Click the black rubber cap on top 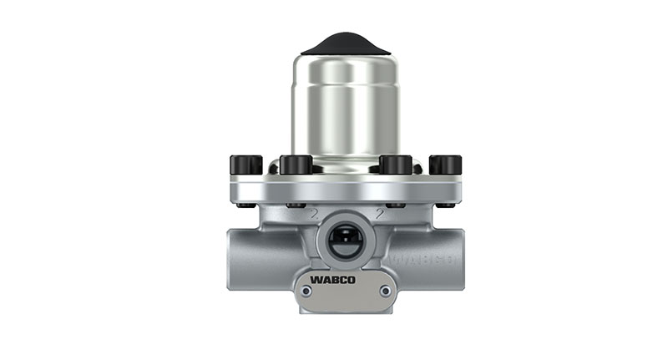click(346, 43)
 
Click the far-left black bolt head click(245, 165)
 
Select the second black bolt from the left click(296, 165)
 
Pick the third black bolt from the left click(396, 165)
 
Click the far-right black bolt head click(445, 165)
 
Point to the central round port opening click(345, 242)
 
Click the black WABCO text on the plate click(332, 279)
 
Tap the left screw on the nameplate click(306, 291)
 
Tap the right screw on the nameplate click(385, 291)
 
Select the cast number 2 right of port click(380, 214)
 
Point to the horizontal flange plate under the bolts click(346, 189)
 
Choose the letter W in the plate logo click(316, 279)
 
